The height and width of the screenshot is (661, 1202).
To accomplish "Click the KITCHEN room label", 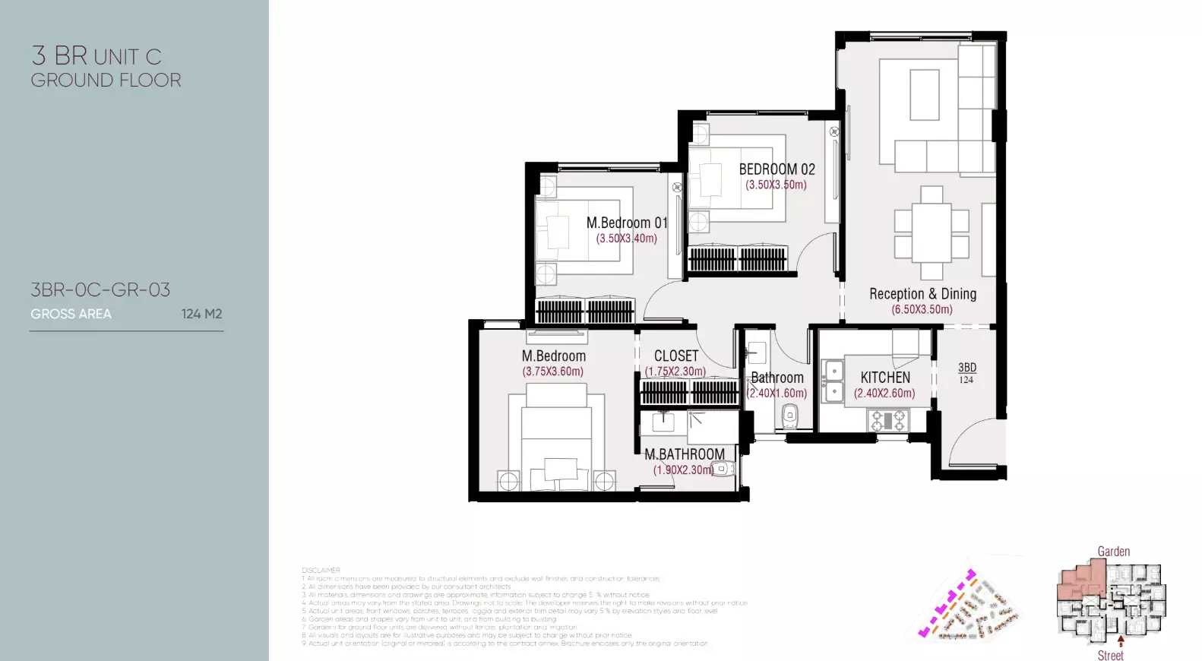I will coord(885,378).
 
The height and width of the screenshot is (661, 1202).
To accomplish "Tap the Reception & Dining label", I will coord(922,294).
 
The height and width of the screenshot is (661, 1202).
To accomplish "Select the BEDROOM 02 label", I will coord(777,169).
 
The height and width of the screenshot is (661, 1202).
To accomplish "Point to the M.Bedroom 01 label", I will coord(627,223).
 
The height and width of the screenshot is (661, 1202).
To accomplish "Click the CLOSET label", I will coord(676,356).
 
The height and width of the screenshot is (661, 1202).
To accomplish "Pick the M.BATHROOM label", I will coord(685,454).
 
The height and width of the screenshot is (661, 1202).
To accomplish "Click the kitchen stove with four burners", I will coord(887,420).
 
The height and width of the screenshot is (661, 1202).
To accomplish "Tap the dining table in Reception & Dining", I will coord(932,232).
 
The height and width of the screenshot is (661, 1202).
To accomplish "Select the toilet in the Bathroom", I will coord(790,416).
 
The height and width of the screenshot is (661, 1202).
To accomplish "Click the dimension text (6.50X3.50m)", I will coord(922,310).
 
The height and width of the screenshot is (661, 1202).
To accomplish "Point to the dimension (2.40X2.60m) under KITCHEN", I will coord(884,394).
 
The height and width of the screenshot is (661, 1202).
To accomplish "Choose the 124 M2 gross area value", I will coord(201,314).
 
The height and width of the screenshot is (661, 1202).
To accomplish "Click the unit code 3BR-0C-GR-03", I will coord(100,289).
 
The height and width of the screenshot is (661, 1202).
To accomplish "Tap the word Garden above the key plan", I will coord(1113,552).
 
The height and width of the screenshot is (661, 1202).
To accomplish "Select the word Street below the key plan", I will coord(1110,655).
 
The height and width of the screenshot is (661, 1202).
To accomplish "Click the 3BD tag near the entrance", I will coord(966,368).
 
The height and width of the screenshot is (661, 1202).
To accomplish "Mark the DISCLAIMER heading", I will coord(321,570).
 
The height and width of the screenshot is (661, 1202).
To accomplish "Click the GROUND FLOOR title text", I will coord(106,80).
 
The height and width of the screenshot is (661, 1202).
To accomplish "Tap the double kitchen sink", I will coord(833,381).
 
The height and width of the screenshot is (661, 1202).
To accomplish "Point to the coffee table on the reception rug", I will coord(924,95).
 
